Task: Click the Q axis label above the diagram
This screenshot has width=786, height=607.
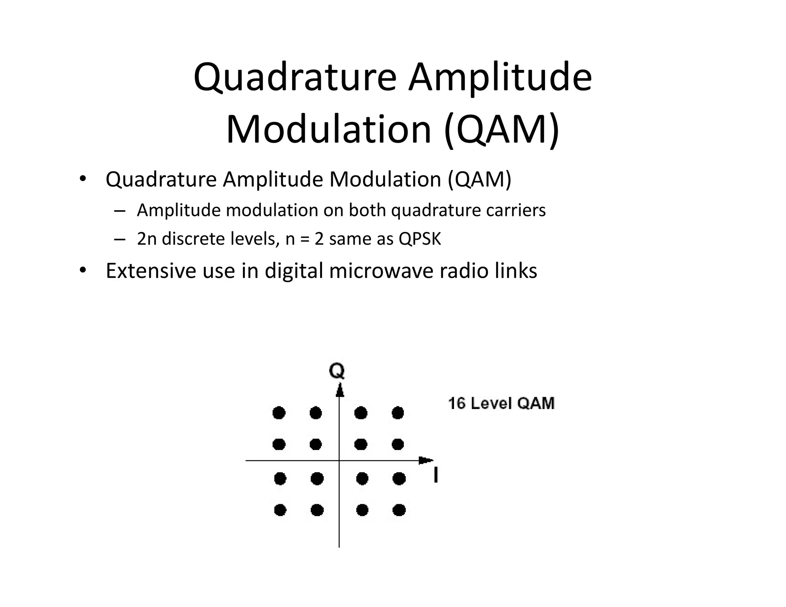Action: point(337,371)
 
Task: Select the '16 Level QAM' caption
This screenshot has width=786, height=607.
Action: point(501,404)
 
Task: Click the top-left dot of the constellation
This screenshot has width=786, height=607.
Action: point(279,413)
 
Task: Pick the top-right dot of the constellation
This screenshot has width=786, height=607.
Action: point(398,413)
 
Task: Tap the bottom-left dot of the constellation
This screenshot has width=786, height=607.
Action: point(280,510)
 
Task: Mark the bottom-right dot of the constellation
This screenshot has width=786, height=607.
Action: point(399,510)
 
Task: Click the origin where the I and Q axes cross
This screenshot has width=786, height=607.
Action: point(339,460)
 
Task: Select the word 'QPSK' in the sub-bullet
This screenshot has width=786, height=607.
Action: point(420,239)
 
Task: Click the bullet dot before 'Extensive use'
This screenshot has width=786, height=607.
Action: point(83,271)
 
